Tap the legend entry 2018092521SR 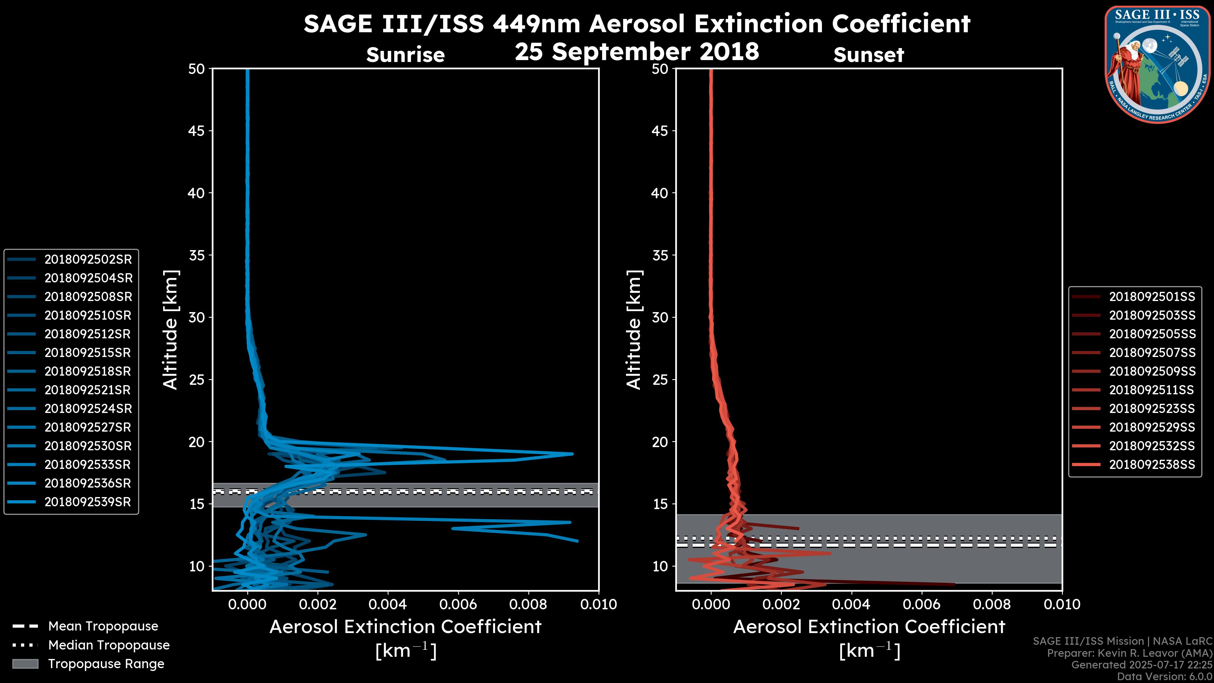(87, 390)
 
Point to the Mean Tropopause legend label (103, 626)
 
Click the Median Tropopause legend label (109, 645)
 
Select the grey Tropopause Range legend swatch (25, 664)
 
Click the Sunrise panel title (405, 55)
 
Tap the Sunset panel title (868, 55)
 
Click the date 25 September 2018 (637, 51)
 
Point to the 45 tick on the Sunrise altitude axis (197, 131)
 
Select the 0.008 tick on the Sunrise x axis (528, 604)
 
